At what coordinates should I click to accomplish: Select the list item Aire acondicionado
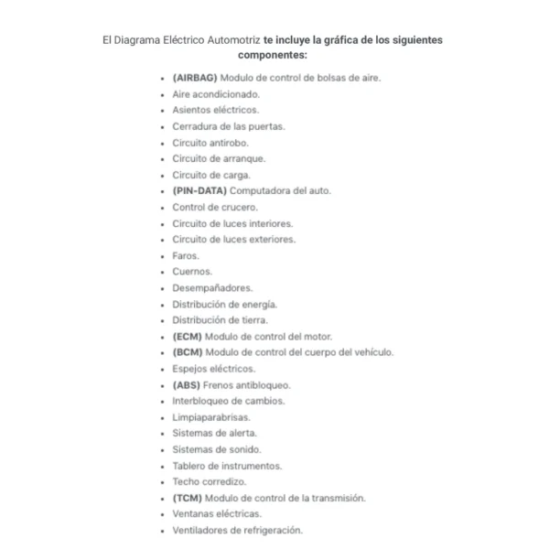point(216,94)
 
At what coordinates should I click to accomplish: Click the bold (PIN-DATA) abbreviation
point(199,191)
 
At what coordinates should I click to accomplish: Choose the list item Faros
point(185,255)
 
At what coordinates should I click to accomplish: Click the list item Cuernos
point(191,272)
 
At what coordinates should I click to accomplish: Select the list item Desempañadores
point(212,288)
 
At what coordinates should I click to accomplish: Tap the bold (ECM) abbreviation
point(187,336)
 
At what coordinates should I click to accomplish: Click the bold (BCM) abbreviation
point(188,352)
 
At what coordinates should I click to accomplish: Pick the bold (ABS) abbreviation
point(187,384)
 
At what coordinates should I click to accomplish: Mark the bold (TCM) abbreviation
point(187,498)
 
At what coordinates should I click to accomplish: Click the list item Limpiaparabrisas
point(210,417)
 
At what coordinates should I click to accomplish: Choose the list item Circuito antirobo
point(210,143)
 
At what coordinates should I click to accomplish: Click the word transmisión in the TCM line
point(336,498)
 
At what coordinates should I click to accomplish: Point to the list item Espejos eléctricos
point(214,369)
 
